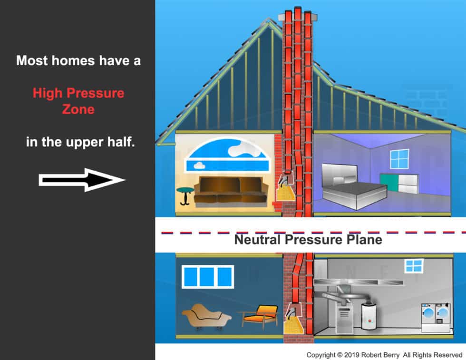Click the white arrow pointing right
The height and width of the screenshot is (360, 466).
[81, 180]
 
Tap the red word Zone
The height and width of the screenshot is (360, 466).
[78, 109]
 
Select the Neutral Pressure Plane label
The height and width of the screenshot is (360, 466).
[308, 239]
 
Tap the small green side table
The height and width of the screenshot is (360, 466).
[184, 195]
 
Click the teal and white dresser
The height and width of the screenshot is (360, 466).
[398, 183]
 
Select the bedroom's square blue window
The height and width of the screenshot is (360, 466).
[399, 159]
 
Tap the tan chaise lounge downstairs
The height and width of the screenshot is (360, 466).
[206, 318]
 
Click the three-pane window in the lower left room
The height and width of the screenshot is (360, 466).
[208, 276]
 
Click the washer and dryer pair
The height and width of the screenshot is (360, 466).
[436, 314]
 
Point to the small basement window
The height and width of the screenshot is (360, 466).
[414, 265]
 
